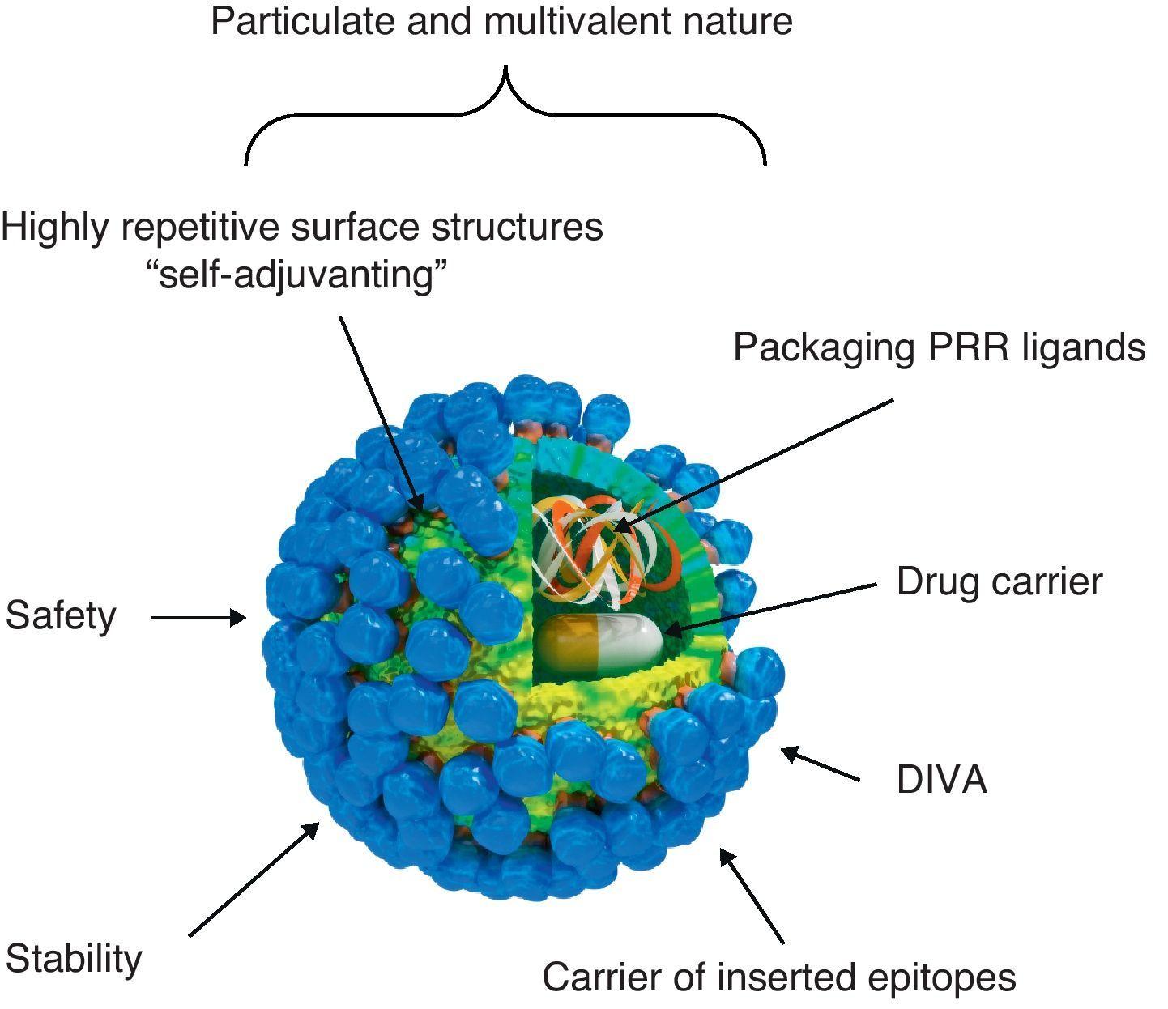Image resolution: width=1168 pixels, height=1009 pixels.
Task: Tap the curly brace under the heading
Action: pyautogui.click(x=505, y=113)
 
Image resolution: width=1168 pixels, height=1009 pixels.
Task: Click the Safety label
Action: pyautogui.click(x=61, y=615)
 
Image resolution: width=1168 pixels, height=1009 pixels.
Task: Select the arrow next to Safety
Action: pyautogui.click(x=198, y=618)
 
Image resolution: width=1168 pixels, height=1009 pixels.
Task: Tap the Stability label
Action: pyautogui.click(x=74, y=959)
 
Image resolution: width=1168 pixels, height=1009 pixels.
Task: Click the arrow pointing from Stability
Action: pyautogui.click(x=253, y=880)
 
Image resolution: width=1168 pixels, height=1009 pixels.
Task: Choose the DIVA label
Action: pyautogui.click(x=941, y=780)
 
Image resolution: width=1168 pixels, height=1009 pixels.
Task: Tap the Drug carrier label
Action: pyautogui.click(x=999, y=582)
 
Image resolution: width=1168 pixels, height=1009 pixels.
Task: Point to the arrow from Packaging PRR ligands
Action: pyautogui.click(x=753, y=465)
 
